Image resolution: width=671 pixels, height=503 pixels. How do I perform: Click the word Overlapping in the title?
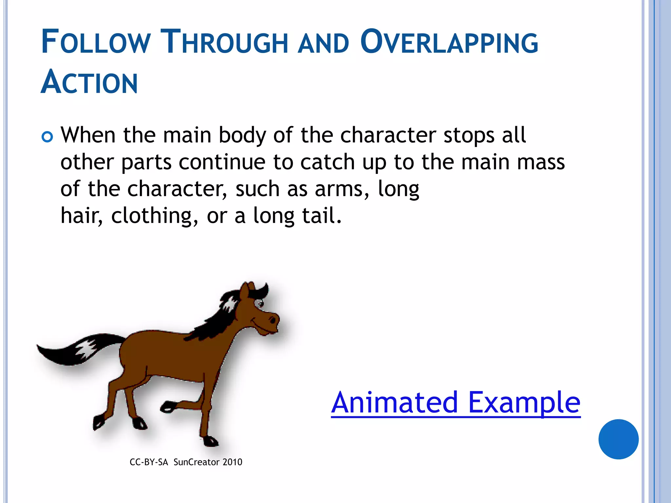pyautogui.click(x=449, y=43)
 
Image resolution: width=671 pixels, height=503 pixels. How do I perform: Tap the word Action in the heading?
pyautogui.click(x=89, y=83)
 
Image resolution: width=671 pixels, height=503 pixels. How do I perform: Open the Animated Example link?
pyautogui.click(x=455, y=403)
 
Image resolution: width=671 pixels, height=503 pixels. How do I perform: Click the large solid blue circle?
pyautogui.click(x=618, y=439)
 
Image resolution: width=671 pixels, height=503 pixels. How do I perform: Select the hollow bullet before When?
pyautogui.click(x=48, y=137)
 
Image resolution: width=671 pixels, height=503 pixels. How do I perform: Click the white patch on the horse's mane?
pyautogui.click(x=228, y=303)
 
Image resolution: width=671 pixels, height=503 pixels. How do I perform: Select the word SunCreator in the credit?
pyautogui.click(x=196, y=462)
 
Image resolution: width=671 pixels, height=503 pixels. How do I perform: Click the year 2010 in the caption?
pyautogui.click(x=232, y=462)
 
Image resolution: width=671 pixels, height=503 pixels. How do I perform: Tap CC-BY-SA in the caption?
pyautogui.click(x=148, y=462)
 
